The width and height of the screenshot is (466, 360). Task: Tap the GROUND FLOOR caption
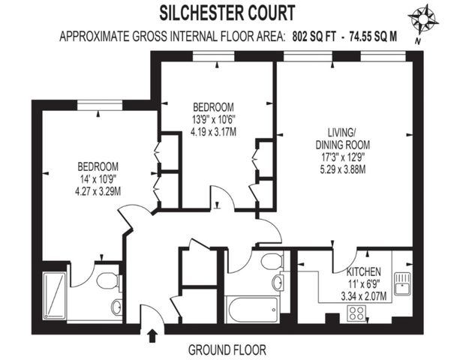pos(227,349)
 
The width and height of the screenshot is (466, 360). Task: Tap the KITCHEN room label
pos(364,271)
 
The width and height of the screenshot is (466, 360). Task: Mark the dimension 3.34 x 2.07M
pos(364,295)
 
